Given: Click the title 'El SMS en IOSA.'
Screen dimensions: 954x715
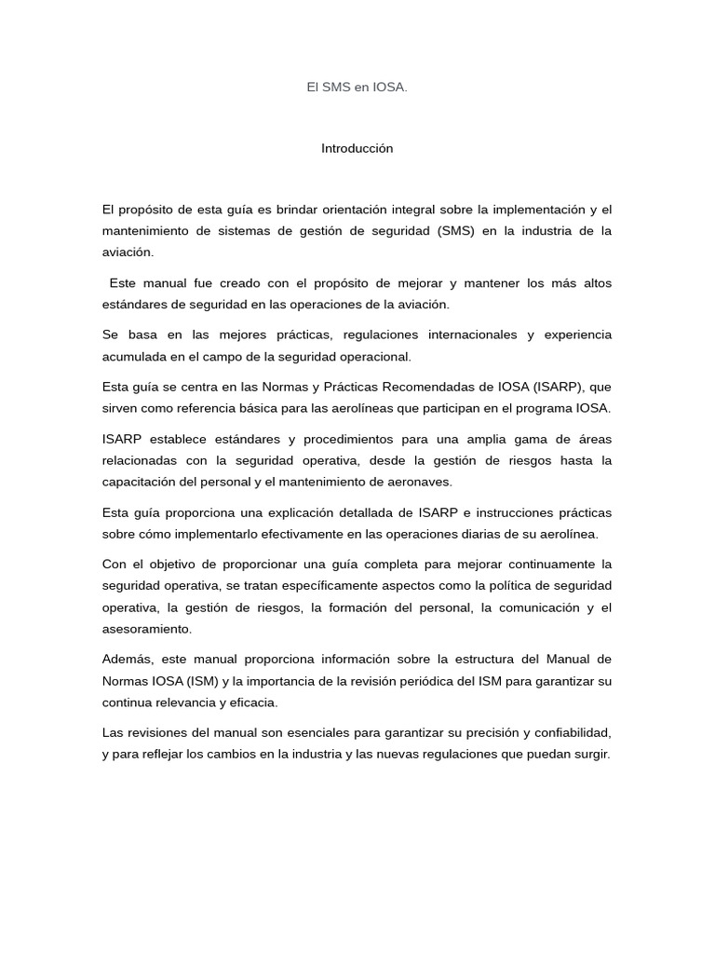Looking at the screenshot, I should coord(357,88).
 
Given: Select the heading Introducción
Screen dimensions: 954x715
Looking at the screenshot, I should coord(357,148).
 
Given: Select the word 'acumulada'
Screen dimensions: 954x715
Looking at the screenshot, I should coord(132,356).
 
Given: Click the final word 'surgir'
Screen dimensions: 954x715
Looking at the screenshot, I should coord(589,755).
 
